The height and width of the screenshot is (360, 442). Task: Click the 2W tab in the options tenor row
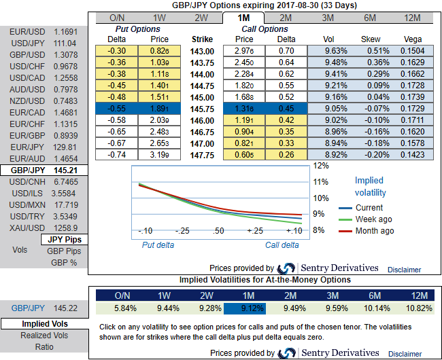point(201,18)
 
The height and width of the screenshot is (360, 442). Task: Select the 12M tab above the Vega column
point(411,18)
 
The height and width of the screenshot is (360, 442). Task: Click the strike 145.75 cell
point(203,109)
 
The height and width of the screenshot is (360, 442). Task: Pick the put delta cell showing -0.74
point(118,154)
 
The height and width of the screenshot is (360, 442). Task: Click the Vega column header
point(412,39)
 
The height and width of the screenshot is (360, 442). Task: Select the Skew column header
point(370,39)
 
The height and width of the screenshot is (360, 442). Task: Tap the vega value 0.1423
point(412,154)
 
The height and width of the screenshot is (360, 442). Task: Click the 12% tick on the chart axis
point(321,166)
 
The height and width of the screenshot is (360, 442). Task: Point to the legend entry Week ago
point(374,219)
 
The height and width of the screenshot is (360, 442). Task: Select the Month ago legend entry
point(375,231)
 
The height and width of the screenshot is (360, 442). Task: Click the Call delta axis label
point(282,245)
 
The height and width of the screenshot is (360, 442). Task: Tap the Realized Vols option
point(44,335)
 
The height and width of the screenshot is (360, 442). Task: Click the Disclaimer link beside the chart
point(404,270)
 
